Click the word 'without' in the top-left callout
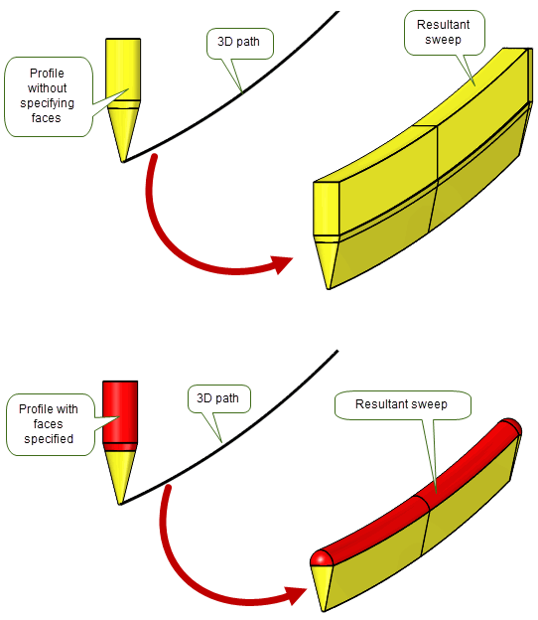point(47,87)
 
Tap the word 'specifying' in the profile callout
point(47,103)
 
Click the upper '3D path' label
point(238,42)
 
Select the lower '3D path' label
point(217,397)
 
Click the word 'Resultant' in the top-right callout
point(443,25)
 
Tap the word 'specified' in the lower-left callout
point(49,439)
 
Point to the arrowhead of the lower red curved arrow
point(296,596)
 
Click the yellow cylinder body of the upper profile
point(123,70)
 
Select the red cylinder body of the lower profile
point(120,411)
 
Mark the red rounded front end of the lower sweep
point(322,558)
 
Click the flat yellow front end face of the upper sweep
point(327,209)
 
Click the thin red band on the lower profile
point(120,447)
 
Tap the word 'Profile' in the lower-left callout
point(34,408)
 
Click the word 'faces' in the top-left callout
point(47,118)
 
